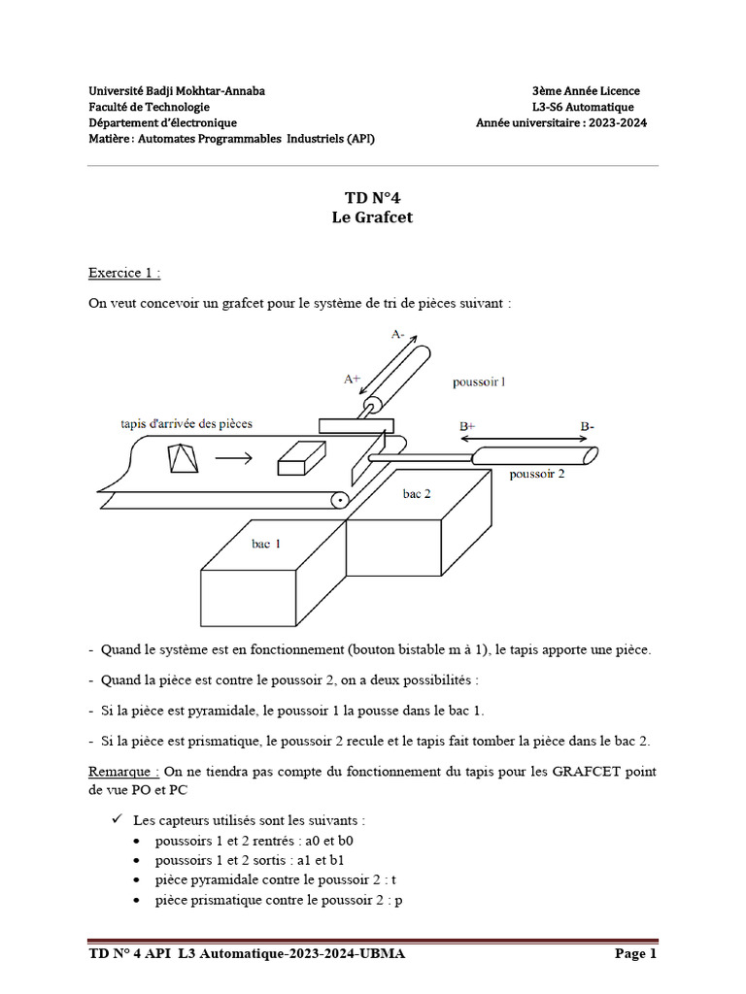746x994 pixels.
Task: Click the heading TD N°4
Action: click(x=372, y=198)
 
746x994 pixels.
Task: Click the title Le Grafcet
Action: click(x=372, y=217)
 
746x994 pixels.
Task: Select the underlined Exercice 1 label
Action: click(x=124, y=273)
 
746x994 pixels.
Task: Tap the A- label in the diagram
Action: click(x=398, y=334)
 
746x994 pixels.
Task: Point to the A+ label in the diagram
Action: click(x=353, y=380)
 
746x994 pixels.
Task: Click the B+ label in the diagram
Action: click(x=466, y=425)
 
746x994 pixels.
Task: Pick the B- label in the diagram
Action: click(x=589, y=425)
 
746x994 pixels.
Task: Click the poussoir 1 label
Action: click(x=479, y=381)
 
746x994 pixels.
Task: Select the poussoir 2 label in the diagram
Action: click(x=537, y=474)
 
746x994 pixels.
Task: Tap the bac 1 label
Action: click(x=266, y=544)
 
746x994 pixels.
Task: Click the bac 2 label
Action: click(x=417, y=493)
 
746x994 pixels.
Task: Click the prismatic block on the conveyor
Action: click(x=301, y=458)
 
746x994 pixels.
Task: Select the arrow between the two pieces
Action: click(x=236, y=457)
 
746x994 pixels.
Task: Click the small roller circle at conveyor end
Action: click(x=339, y=500)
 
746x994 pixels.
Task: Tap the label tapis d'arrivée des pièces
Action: click(x=186, y=423)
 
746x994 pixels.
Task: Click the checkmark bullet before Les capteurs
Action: click(x=119, y=818)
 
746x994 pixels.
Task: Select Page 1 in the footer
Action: click(x=636, y=954)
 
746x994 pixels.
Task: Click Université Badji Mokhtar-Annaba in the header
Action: click(x=176, y=91)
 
